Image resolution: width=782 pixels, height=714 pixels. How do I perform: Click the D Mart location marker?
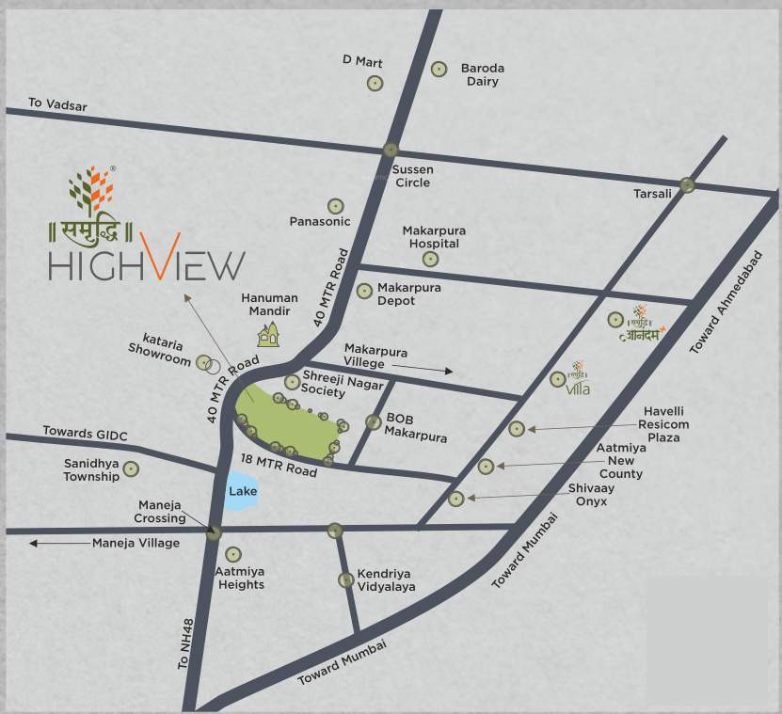click(375, 83)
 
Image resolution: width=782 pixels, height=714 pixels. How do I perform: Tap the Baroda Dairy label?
click(482, 75)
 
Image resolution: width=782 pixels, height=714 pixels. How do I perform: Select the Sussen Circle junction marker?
click(391, 150)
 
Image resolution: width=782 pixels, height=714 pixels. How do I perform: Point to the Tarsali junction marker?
click(688, 185)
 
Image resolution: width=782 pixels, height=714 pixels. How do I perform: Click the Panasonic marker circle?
click(335, 206)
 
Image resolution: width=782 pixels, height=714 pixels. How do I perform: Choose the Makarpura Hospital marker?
click(430, 259)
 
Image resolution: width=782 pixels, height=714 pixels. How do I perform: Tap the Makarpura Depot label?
click(409, 294)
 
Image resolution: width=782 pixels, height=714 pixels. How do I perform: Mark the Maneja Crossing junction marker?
click(215, 532)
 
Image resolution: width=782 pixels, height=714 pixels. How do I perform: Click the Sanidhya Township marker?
click(131, 468)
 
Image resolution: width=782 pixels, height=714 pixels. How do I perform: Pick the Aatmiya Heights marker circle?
click(232, 555)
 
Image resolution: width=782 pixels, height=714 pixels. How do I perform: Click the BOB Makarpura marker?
click(374, 421)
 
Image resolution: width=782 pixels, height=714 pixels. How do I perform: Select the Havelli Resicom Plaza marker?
click(516, 429)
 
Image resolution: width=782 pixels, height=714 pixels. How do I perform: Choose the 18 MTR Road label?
click(279, 465)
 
